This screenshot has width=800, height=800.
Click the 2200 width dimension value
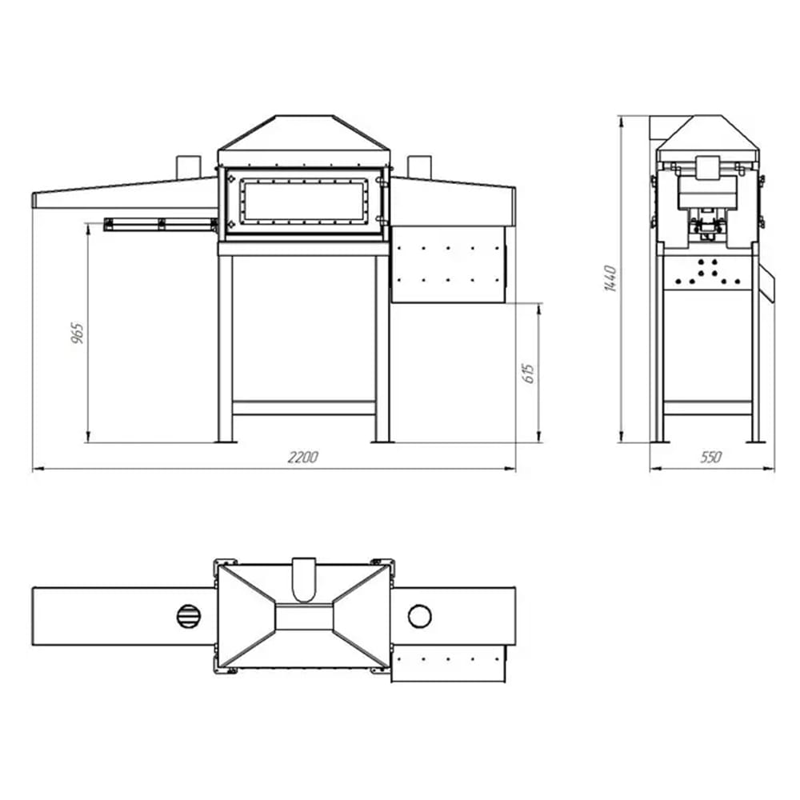pyautogui.click(x=303, y=457)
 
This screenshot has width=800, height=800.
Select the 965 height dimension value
pyautogui.click(x=77, y=333)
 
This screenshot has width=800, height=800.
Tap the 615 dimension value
pyautogui.click(x=528, y=373)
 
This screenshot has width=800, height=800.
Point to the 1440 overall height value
pyautogui.click(x=610, y=277)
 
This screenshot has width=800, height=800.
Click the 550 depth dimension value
pyautogui.click(x=710, y=457)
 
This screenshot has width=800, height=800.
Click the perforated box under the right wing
pyautogui.click(x=449, y=264)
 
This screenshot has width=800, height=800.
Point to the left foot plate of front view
pyautogui.click(x=224, y=439)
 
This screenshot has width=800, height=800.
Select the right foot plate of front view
pyautogui.click(x=382, y=439)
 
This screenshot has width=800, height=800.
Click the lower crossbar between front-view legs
pyautogui.click(x=303, y=408)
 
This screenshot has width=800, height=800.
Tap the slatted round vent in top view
pyautogui.click(x=187, y=616)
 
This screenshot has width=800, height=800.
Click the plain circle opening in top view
pyautogui.click(x=419, y=616)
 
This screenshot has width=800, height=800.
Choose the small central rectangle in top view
pyautogui.click(x=303, y=617)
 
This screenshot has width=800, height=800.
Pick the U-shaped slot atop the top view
pyautogui.click(x=305, y=578)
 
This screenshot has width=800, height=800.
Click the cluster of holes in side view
pyautogui.click(x=705, y=273)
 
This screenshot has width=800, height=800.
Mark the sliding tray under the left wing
pyautogui.click(x=160, y=224)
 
